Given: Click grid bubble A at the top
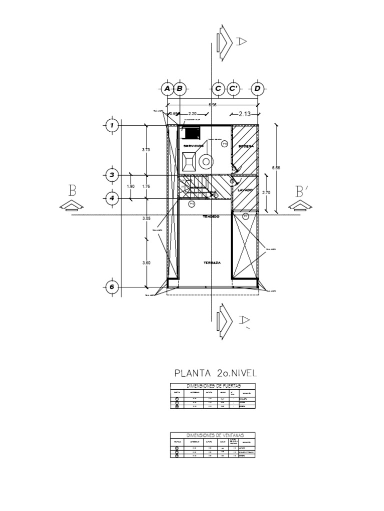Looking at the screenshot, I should click(167, 89).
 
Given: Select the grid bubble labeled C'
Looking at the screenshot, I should click(233, 89).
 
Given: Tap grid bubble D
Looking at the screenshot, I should click(257, 89).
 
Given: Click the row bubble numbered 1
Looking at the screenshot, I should click(112, 126).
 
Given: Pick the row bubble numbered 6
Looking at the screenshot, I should click(112, 287).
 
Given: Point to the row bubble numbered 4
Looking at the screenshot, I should click(112, 199).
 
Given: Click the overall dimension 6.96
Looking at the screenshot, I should click(212, 105).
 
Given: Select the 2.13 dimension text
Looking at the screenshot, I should click(244, 114).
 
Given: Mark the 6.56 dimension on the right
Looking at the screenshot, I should click(276, 168).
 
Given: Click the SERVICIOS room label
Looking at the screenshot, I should click(193, 146).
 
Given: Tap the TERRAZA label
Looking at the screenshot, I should click(212, 262).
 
